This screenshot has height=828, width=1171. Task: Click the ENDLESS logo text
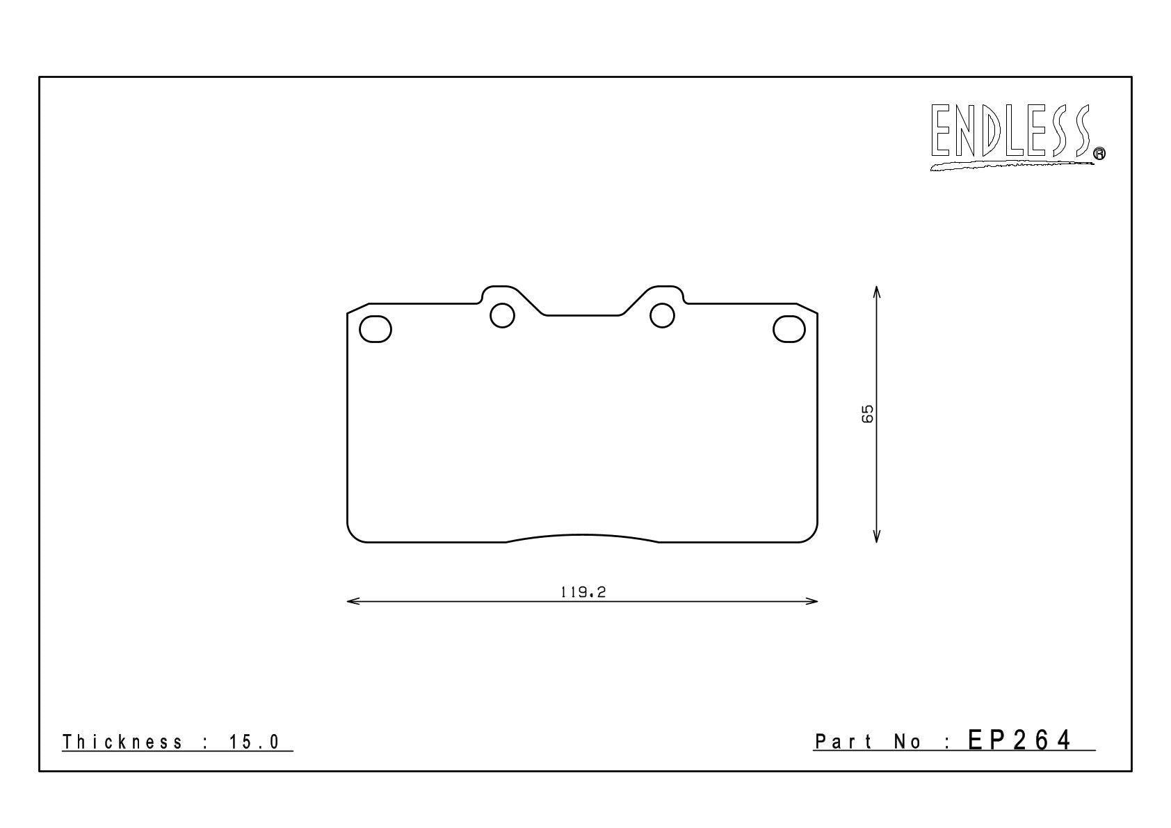(1011, 130)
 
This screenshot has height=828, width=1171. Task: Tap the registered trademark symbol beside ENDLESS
(1099, 153)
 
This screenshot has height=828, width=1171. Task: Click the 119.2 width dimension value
(583, 592)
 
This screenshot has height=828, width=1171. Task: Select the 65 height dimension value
(866, 414)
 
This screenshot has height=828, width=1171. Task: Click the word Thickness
(122, 742)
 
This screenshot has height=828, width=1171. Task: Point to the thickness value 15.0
(254, 742)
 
